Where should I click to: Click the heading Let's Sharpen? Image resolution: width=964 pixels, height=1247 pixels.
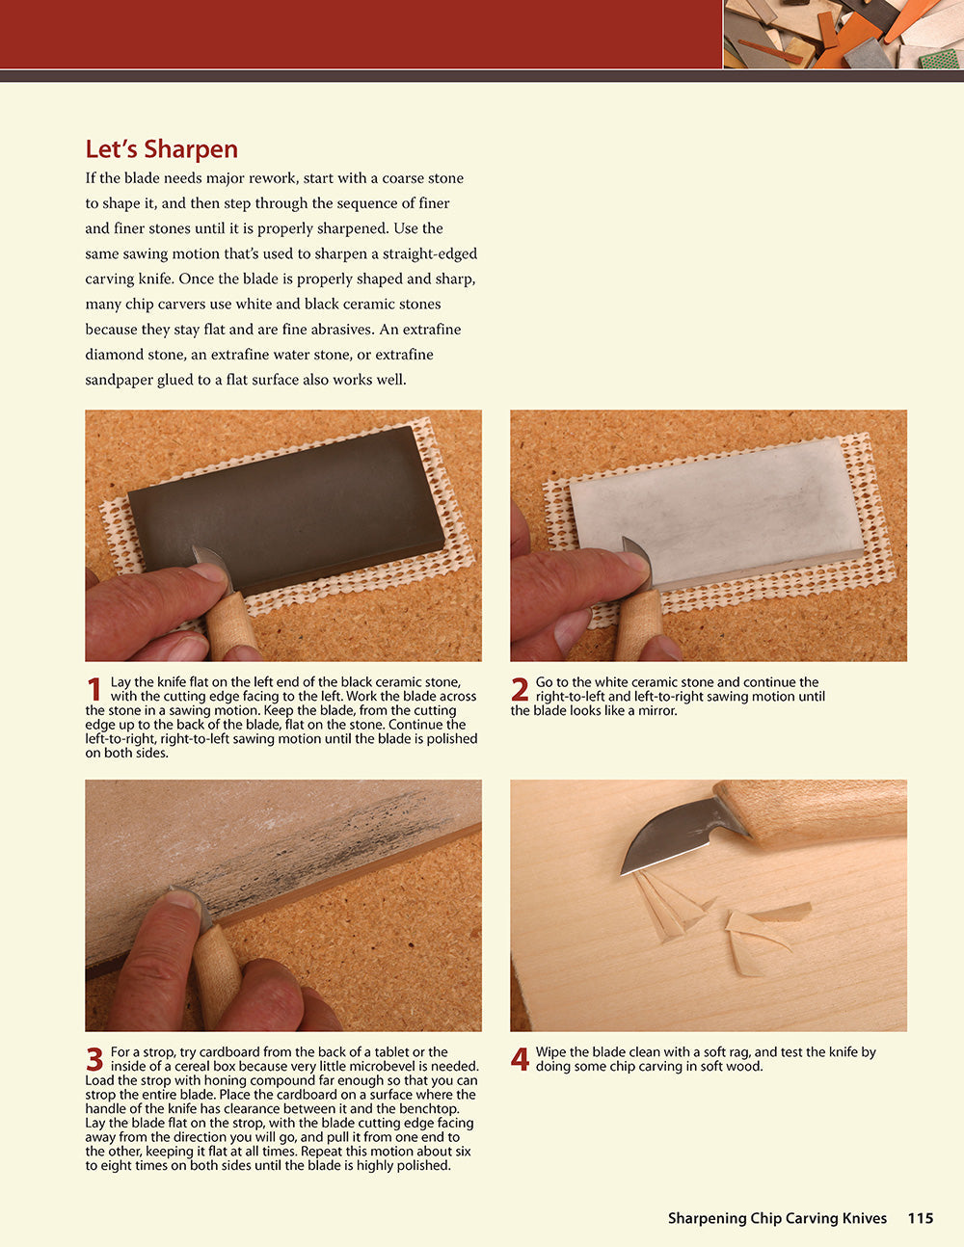point(161,149)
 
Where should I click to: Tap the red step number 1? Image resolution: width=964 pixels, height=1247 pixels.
point(94,690)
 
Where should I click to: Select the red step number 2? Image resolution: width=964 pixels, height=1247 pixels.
point(520,690)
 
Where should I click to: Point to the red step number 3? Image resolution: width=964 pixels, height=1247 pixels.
point(94,1060)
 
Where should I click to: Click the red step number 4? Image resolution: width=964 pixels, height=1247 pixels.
point(520,1060)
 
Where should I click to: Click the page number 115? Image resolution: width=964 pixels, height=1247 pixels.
point(920,1218)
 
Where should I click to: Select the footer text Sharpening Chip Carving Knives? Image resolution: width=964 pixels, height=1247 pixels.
point(777,1218)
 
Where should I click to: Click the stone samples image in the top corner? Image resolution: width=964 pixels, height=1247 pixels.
point(843,34)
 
